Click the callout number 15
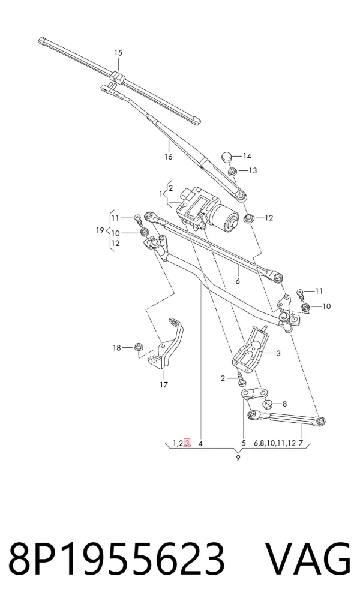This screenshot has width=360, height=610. (118, 53)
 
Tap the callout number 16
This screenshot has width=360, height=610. (168, 157)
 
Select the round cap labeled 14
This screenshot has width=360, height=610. (227, 157)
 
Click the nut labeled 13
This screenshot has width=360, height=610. (232, 171)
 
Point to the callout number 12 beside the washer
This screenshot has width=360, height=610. (269, 218)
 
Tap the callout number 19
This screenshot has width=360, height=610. (100, 230)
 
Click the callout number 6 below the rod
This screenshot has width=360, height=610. (238, 281)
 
